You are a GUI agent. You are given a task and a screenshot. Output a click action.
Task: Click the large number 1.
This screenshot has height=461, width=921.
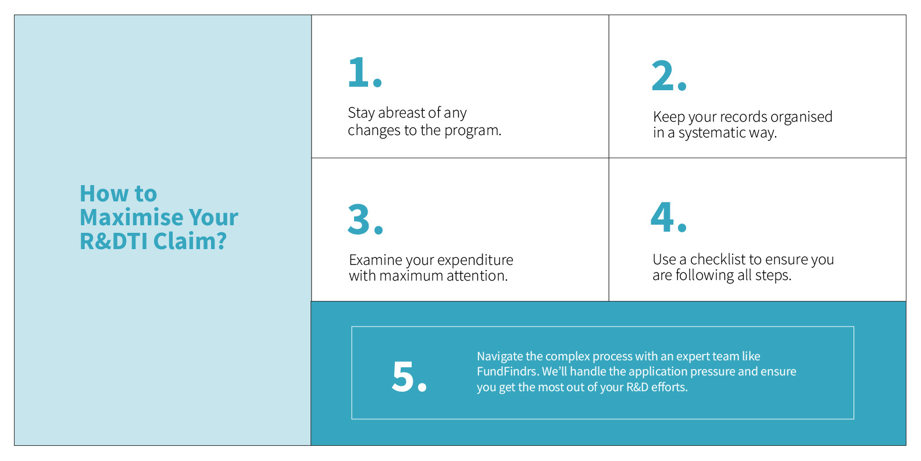[359, 73]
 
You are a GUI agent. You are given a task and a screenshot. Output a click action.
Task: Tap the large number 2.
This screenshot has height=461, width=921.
[663, 76]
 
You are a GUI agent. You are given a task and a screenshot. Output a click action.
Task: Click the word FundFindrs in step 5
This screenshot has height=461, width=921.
[506, 371]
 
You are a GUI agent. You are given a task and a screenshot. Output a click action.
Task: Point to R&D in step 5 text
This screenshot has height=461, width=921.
[637, 387]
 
